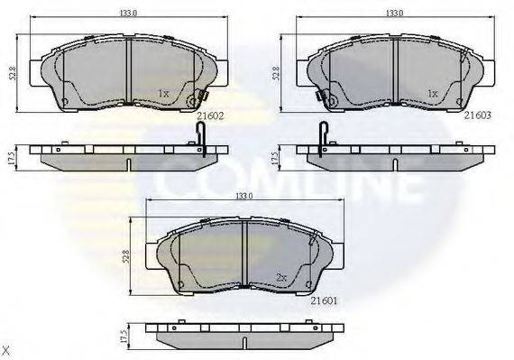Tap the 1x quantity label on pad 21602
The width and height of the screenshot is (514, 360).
coord(163,93)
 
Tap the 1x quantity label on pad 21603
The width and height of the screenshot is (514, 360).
coord(432,93)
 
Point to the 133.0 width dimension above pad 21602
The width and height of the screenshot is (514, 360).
coord(129,14)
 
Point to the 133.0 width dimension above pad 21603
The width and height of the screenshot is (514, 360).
coord(394,14)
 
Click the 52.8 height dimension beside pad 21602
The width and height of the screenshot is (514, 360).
coord(11,72)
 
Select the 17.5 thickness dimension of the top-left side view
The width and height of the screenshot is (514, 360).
coord(11,156)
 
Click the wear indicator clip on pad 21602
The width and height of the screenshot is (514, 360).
coord(201,97)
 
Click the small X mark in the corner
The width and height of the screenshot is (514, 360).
coord(6,349)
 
